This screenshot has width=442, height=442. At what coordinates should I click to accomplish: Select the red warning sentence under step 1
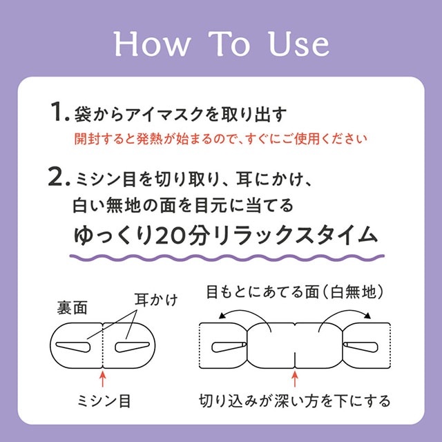point(221,138)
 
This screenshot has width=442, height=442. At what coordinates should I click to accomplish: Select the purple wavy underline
point(224,257)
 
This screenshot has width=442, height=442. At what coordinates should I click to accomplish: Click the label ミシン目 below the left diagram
point(103,400)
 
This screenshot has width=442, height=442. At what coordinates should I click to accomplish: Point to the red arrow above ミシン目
point(103,378)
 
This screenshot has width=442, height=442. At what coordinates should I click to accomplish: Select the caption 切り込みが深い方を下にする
point(295,400)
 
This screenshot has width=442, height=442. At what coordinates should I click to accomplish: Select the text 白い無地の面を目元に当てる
point(184,205)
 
